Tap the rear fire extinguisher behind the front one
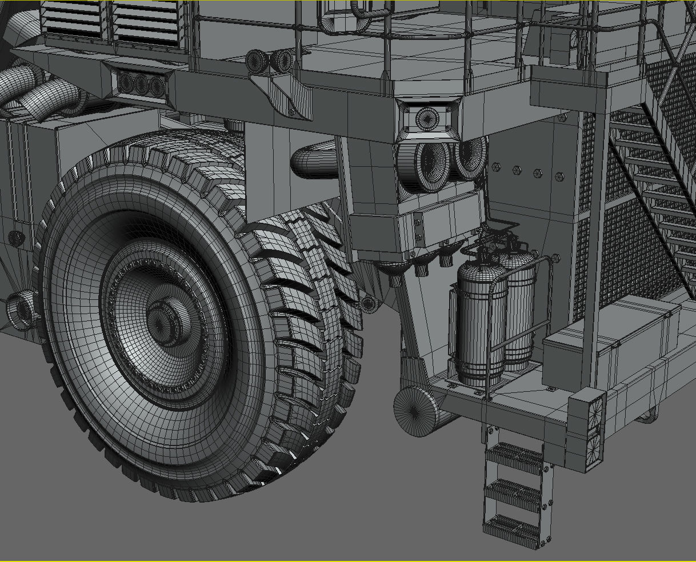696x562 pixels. click(520, 308)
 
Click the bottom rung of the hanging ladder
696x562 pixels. click(513, 527)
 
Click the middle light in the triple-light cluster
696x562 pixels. click(141, 85)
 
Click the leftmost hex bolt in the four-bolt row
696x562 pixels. click(495, 167)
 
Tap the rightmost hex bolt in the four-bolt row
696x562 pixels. click(558, 176)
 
